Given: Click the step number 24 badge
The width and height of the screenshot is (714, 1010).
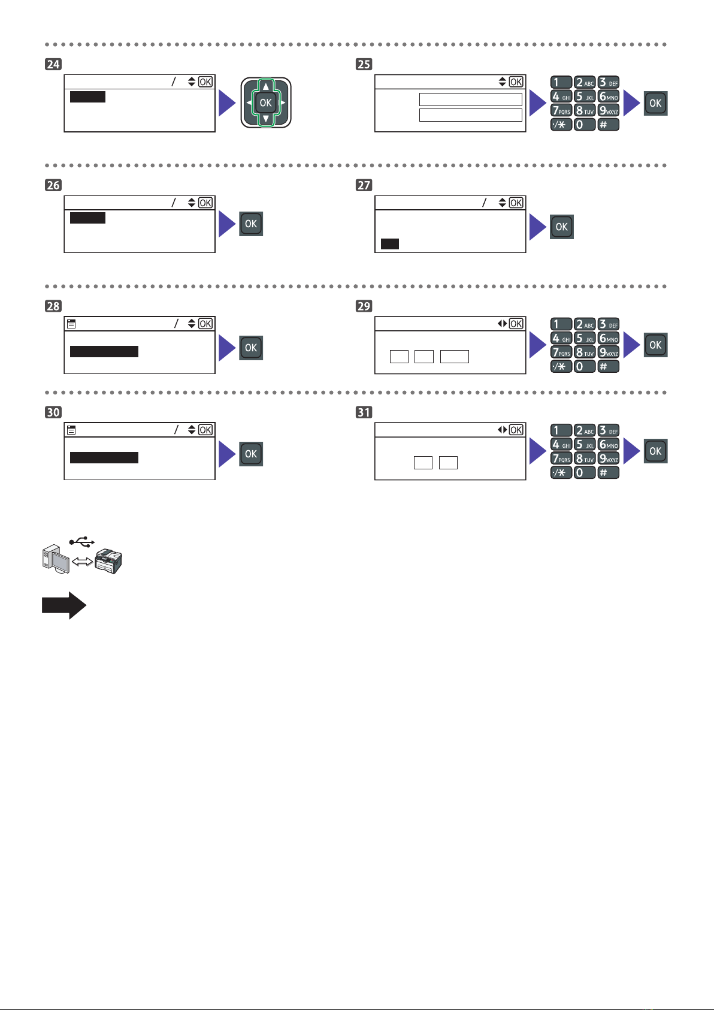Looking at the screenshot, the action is (53, 64).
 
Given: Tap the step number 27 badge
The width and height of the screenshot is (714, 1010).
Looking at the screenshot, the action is (364, 185).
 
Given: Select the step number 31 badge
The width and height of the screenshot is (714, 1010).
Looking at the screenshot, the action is (364, 412).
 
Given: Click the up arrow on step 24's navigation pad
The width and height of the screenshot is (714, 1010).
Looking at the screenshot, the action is (266, 86).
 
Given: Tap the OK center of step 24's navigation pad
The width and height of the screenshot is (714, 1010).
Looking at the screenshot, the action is (266, 103).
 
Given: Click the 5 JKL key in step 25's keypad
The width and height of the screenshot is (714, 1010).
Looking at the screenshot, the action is (585, 97).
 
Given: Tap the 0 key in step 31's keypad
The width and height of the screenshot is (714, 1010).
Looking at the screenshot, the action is (585, 472).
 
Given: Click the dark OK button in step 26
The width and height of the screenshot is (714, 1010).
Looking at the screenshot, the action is (251, 224).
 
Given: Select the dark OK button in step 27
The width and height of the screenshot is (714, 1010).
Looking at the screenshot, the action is (562, 227).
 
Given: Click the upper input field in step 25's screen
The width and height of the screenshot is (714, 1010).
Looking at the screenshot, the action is (471, 99).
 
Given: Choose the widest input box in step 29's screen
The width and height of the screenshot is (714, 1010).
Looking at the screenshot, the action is (455, 357).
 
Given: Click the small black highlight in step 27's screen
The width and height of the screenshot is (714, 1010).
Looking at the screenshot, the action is (390, 244).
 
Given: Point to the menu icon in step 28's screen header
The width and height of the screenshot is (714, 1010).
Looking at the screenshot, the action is (71, 324).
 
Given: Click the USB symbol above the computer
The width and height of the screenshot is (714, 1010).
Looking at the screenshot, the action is (81, 541).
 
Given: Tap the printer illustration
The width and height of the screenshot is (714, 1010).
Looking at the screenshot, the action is (108, 561).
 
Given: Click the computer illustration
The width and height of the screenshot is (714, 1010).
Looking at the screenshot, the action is (56, 559).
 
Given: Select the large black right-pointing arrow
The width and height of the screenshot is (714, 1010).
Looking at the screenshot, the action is (64, 605).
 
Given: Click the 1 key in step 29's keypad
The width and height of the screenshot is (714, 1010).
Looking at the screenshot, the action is (561, 324).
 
